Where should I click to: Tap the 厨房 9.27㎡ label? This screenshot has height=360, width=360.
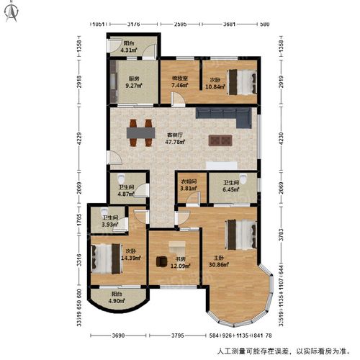click(134, 82)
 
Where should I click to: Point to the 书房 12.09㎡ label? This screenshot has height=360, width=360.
click(180, 263)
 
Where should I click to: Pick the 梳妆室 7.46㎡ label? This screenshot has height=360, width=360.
click(179, 82)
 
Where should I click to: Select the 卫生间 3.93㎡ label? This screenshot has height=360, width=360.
click(110, 221)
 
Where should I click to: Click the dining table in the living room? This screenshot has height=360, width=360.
click(140, 132)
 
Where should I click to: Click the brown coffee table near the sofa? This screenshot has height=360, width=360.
click(220, 140)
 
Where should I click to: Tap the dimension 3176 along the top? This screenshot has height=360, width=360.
click(133, 24)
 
